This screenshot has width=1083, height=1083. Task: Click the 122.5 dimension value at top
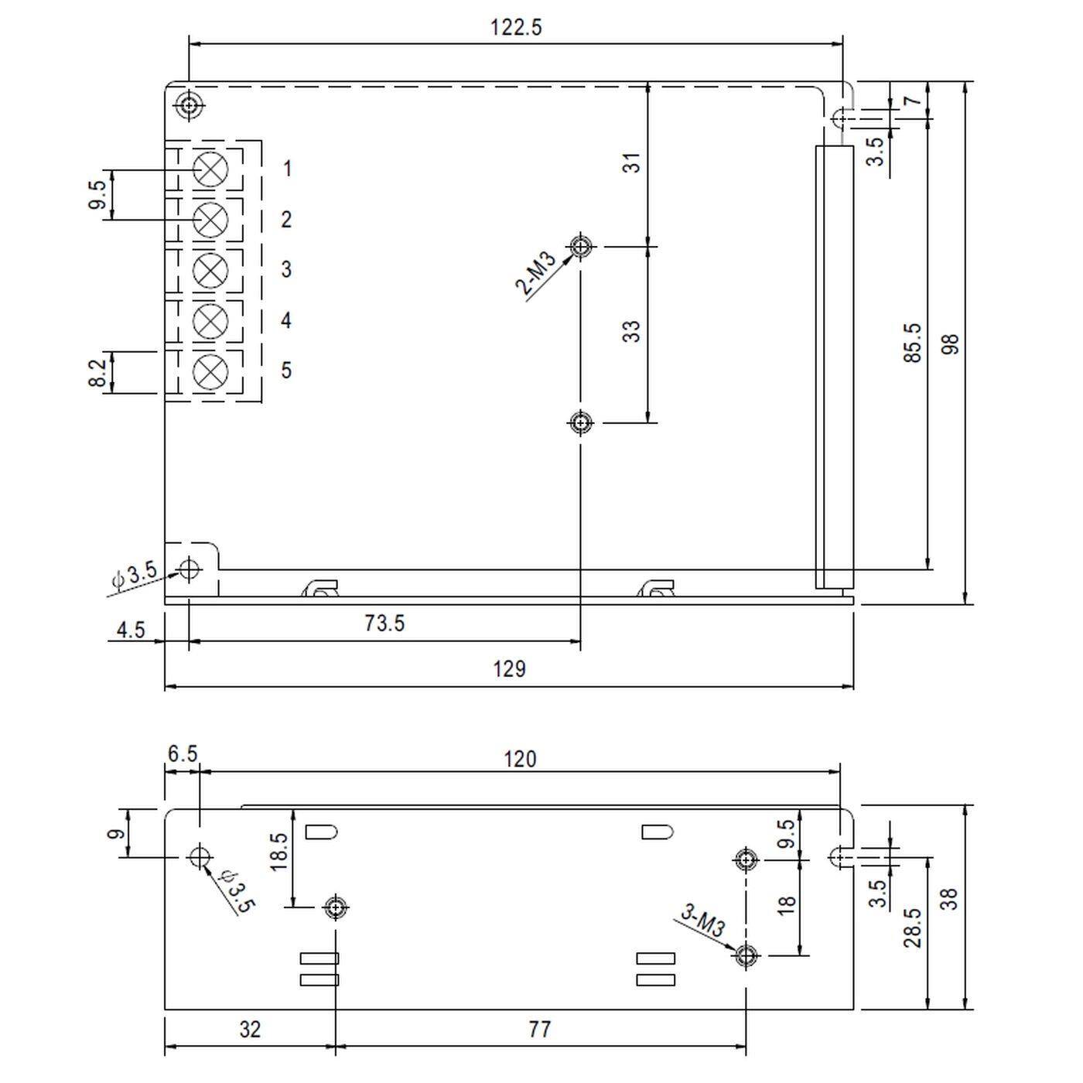[x=516, y=27]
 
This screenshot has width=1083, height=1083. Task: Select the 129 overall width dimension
[x=509, y=668]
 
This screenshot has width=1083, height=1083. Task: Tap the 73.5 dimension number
[x=384, y=623]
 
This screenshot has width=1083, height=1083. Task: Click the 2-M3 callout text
[x=536, y=275]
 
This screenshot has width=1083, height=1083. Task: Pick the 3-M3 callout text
[x=702, y=921]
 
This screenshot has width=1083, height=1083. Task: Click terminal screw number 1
[x=210, y=169]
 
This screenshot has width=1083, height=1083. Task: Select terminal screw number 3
[x=210, y=270]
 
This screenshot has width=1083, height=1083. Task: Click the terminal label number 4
[x=286, y=320]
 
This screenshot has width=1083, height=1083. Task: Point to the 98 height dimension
[x=951, y=343]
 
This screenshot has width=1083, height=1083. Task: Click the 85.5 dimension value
[x=913, y=343]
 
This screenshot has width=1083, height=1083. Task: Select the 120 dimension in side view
[x=519, y=759]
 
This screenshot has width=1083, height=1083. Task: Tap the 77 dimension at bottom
[x=539, y=1029]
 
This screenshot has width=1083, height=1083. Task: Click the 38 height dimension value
[x=951, y=897]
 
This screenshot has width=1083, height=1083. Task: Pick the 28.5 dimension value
[x=913, y=928]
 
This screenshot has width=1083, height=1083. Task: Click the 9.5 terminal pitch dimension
[x=97, y=195]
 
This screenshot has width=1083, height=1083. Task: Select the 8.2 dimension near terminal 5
[x=97, y=373]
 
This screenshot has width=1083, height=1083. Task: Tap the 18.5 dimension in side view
[x=280, y=851]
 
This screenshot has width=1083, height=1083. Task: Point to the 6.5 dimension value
[x=182, y=753]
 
